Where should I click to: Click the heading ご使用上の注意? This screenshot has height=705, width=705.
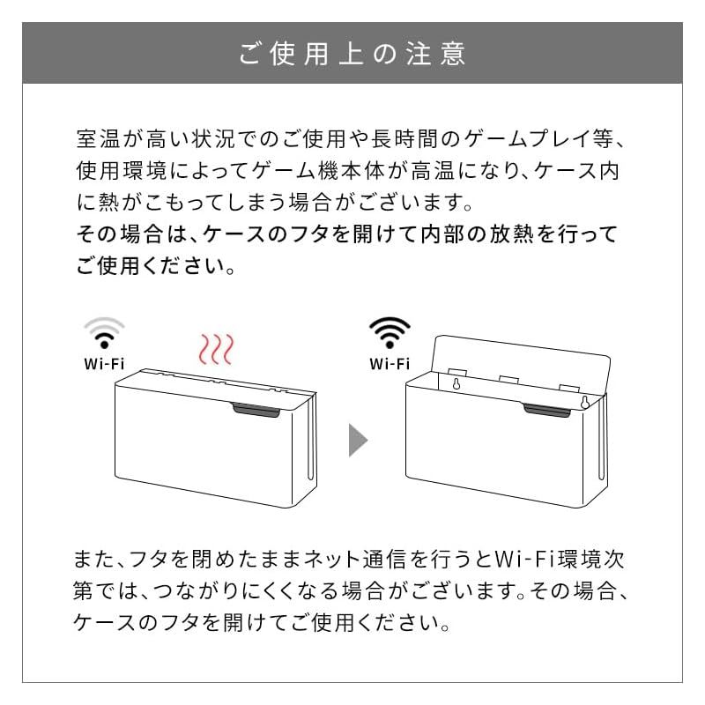[352, 53]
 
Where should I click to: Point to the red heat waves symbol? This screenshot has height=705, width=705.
[215, 349]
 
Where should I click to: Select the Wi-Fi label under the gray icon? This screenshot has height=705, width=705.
[104, 363]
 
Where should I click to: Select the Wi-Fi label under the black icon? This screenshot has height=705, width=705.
[390, 363]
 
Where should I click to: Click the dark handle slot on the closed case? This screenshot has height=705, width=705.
[258, 408]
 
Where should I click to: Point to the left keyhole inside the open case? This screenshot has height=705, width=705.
[456, 385]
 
